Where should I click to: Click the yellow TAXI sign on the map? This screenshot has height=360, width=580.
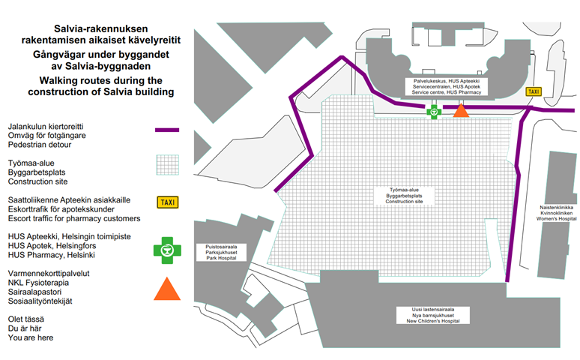(534, 91)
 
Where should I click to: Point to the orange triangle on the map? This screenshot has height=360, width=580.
(461, 110)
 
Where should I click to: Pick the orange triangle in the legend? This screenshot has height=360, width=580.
(167, 289)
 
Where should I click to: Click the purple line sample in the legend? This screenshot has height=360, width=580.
(167, 130)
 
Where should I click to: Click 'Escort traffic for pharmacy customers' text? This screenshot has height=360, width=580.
(74, 219)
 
